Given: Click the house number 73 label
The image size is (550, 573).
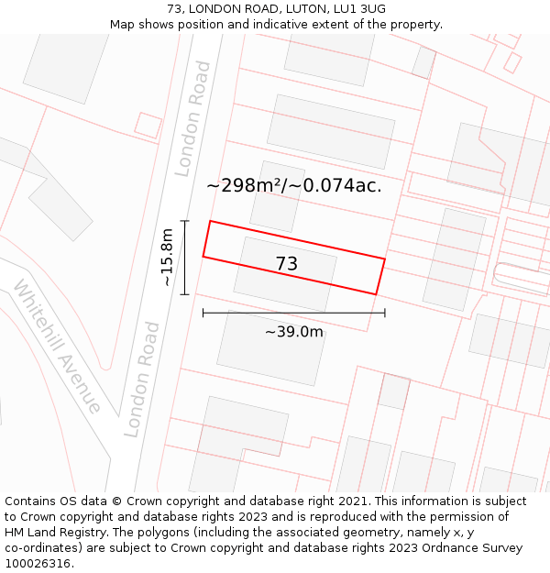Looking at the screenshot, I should click(286, 264).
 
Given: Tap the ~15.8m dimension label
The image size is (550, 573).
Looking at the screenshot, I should click(167, 258).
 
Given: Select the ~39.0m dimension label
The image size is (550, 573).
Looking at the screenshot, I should click(294, 332).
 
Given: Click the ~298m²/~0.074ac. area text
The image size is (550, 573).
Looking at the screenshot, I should click(294, 186).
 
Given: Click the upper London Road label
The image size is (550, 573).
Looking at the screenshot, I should click(193, 118).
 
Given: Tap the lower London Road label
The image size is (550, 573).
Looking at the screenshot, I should click(142, 379).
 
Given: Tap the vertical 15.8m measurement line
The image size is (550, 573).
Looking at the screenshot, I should click(185, 258).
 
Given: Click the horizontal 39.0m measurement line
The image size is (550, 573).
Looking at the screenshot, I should click(293, 313).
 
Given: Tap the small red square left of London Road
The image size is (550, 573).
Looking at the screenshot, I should click(148, 125).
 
